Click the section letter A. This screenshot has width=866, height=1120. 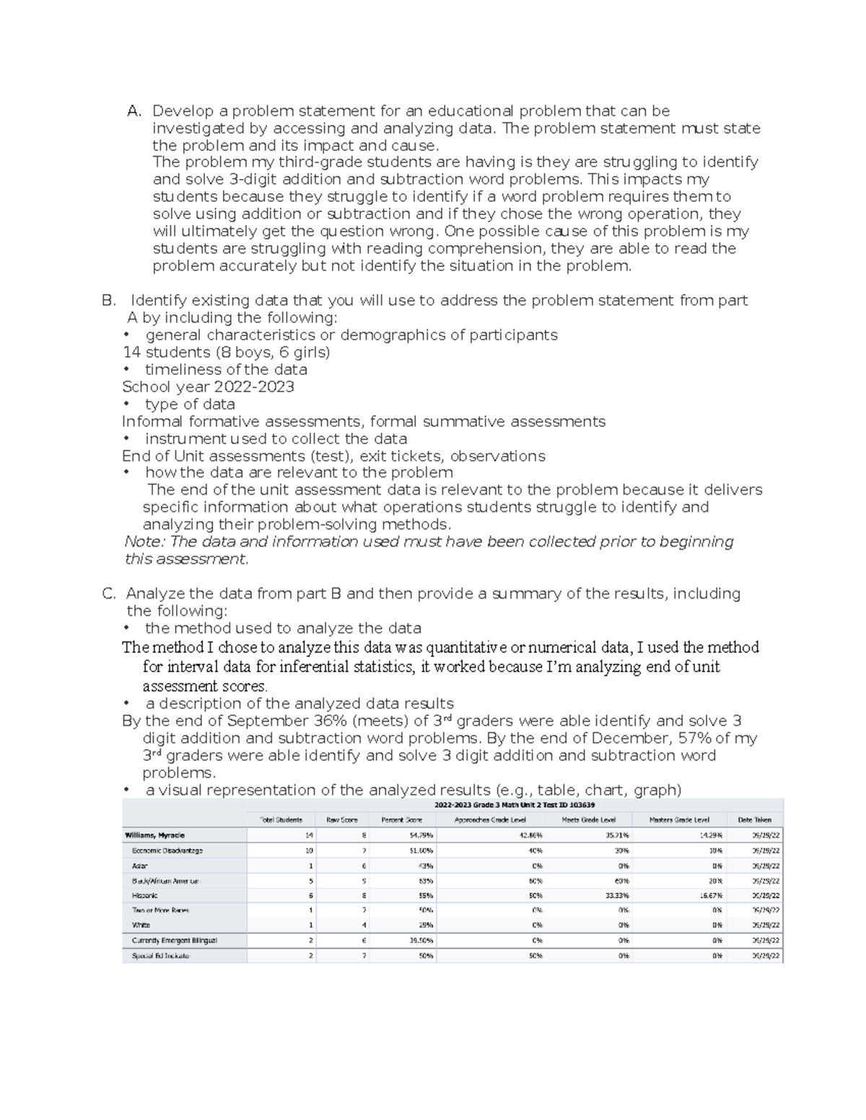(x=134, y=111)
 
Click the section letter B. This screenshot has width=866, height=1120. (x=108, y=300)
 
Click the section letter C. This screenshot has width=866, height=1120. (x=108, y=594)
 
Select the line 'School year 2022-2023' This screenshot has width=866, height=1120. (x=208, y=387)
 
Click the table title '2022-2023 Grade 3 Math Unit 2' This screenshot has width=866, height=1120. (x=514, y=805)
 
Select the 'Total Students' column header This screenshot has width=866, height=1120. (x=281, y=820)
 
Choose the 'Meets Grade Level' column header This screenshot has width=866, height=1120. (x=589, y=820)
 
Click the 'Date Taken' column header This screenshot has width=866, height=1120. (x=754, y=820)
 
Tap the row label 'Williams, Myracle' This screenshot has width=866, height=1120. (x=154, y=835)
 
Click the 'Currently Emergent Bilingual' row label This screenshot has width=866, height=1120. (x=174, y=940)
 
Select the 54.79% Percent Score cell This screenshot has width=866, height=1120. (x=421, y=835)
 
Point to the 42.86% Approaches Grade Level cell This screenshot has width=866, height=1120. (x=530, y=835)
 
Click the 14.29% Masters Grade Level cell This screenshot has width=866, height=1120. (x=710, y=835)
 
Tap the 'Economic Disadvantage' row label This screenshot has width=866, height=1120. (x=167, y=850)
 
